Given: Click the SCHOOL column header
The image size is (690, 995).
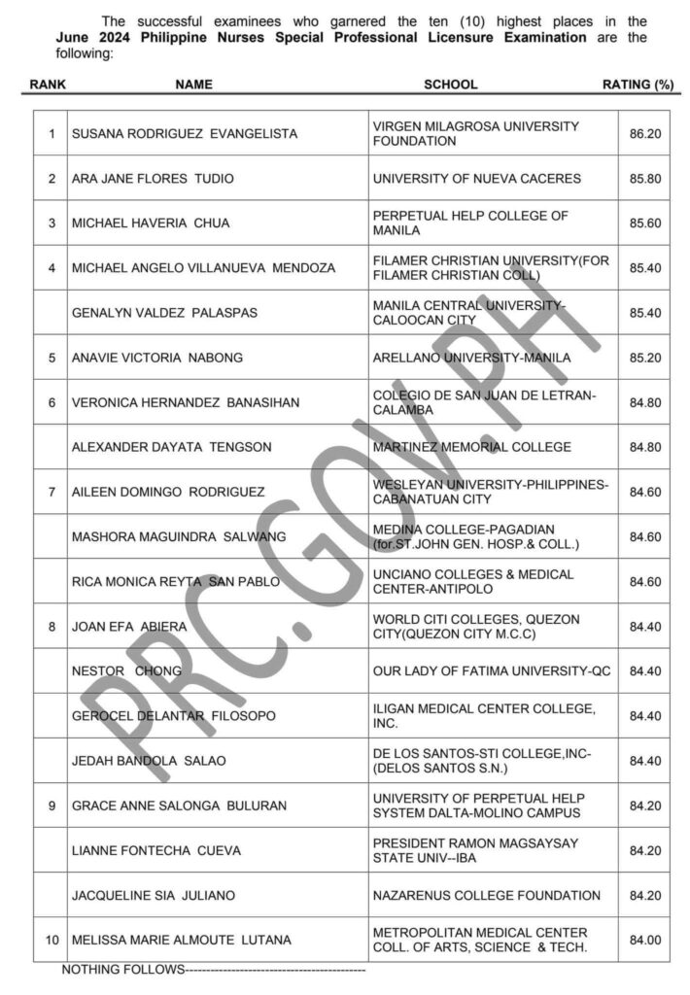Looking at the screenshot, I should click(450, 85).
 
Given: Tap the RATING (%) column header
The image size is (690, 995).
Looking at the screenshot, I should click(638, 85).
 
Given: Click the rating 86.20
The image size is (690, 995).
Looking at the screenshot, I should click(645, 134).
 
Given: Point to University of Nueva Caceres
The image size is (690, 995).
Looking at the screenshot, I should click(476, 179).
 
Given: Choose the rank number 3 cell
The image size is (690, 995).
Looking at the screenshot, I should click(52, 223).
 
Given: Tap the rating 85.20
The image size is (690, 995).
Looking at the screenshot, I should click(645, 358).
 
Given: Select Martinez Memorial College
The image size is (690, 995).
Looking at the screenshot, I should click(472, 447).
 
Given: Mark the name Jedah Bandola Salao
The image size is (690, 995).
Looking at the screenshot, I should click(149, 761).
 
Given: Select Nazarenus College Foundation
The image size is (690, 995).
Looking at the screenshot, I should click(487, 895).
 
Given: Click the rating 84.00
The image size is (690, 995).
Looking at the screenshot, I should click(645, 940).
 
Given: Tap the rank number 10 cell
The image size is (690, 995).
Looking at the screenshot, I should click(52, 940).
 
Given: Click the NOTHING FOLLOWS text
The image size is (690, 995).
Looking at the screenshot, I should click(122, 970).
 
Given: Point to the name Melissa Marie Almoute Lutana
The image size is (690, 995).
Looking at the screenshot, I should click(182, 940).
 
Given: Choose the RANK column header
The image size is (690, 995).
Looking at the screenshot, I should click(48, 85).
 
